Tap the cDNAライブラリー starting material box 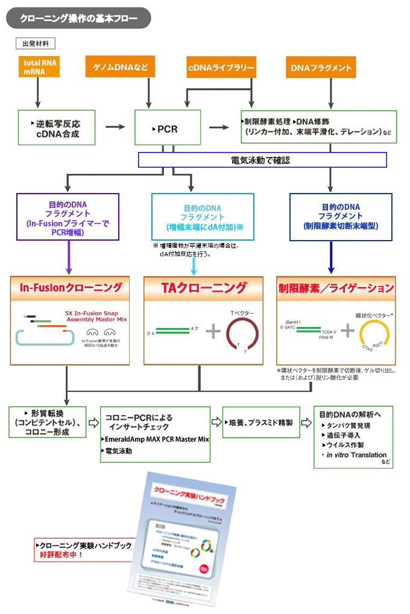221,68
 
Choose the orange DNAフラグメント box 321,68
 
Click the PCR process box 167,128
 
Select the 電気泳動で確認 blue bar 262,160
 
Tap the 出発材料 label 36,43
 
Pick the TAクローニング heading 203,287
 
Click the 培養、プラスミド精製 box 262,423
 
